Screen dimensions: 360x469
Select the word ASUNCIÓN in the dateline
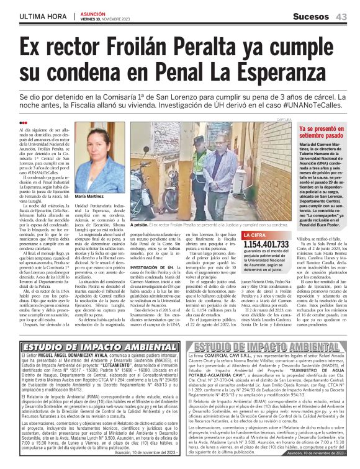coord(92,13)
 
